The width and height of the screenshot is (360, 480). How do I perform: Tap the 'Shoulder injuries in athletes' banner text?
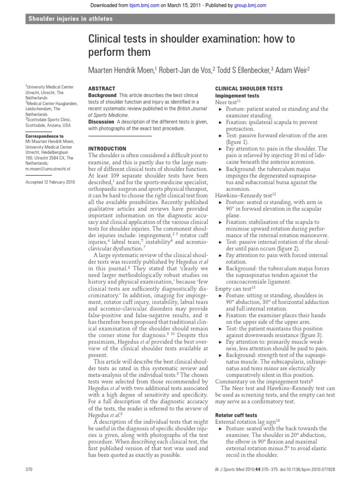click(70, 19)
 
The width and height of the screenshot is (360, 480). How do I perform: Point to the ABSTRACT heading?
click(102, 88)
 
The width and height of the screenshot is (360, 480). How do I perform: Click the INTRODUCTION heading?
click(107, 149)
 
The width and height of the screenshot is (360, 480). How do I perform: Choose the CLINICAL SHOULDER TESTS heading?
click(248, 88)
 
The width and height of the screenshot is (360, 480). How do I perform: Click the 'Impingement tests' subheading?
click(237, 95)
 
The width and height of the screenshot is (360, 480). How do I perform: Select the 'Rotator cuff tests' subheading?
click(236, 415)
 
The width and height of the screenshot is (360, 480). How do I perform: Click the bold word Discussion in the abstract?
click(102, 122)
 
